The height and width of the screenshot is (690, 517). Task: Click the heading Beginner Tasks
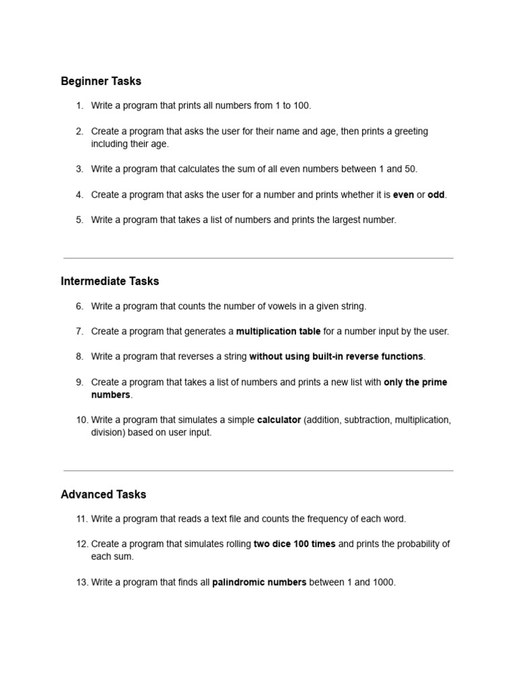click(x=101, y=82)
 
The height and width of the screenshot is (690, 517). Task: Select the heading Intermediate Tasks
click(x=110, y=282)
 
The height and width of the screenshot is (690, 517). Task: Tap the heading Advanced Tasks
click(x=103, y=495)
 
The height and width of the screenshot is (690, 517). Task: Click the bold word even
click(x=403, y=195)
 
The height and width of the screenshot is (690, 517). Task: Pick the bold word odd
click(x=436, y=195)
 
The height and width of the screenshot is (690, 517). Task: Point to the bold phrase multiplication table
click(x=278, y=332)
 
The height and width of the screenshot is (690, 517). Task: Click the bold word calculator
click(x=279, y=420)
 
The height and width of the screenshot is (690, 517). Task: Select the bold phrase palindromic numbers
click(x=259, y=582)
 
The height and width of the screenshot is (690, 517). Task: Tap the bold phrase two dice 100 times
click(x=294, y=544)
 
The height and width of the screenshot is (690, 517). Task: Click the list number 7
click(x=79, y=332)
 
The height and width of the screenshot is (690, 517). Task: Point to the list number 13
click(x=81, y=582)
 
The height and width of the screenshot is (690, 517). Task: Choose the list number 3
click(x=79, y=169)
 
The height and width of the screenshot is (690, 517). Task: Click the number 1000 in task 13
click(x=384, y=582)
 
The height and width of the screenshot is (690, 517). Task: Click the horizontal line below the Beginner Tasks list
click(x=258, y=258)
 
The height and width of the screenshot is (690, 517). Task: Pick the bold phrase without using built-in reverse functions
click(x=337, y=356)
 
